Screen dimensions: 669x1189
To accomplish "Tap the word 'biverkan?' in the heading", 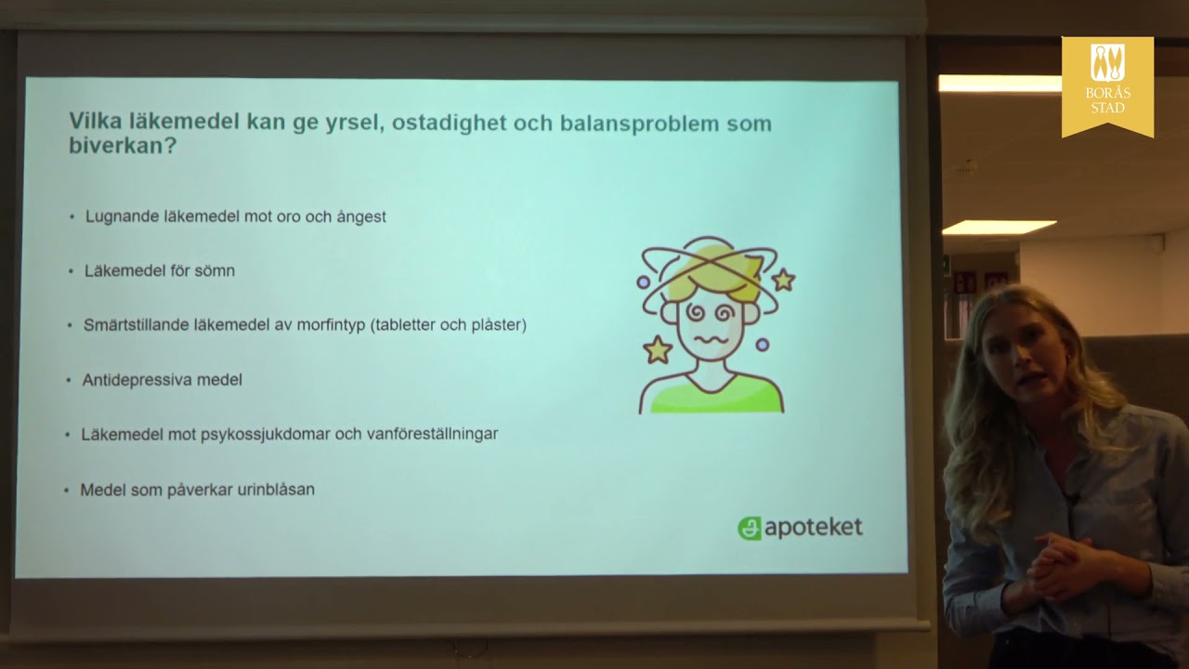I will [x=122, y=147].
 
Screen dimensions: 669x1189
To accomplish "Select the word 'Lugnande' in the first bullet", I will [x=123, y=216].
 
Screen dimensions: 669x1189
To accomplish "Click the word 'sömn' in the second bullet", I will [x=216, y=271].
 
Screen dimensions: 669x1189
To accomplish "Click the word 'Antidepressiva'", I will [x=134, y=380].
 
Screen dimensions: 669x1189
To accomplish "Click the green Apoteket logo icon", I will [x=749, y=528].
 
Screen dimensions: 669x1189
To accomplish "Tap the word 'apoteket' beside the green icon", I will [x=813, y=528].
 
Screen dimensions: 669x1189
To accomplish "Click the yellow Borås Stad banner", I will [x=1106, y=85].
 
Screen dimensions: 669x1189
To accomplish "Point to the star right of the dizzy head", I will [x=783, y=279].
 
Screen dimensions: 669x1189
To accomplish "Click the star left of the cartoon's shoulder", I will [x=658, y=349].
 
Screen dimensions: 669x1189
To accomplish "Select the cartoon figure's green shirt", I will [x=712, y=394].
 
